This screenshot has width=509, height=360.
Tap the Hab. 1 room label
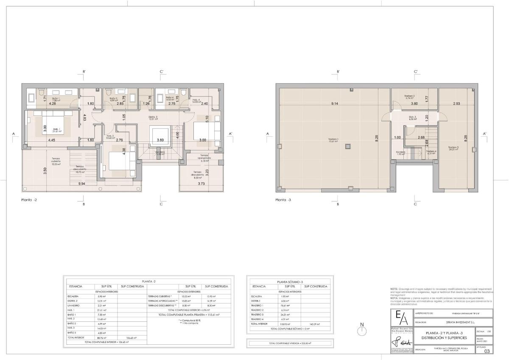point(56,130)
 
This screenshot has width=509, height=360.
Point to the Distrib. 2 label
point(153,118)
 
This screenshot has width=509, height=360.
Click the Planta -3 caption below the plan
point(283,200)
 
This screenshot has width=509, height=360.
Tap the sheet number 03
point(487,351)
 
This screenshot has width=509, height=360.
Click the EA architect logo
point(402,318)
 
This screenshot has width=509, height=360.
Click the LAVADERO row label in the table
point(74,306)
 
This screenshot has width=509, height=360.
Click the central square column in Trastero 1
point(347,147)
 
